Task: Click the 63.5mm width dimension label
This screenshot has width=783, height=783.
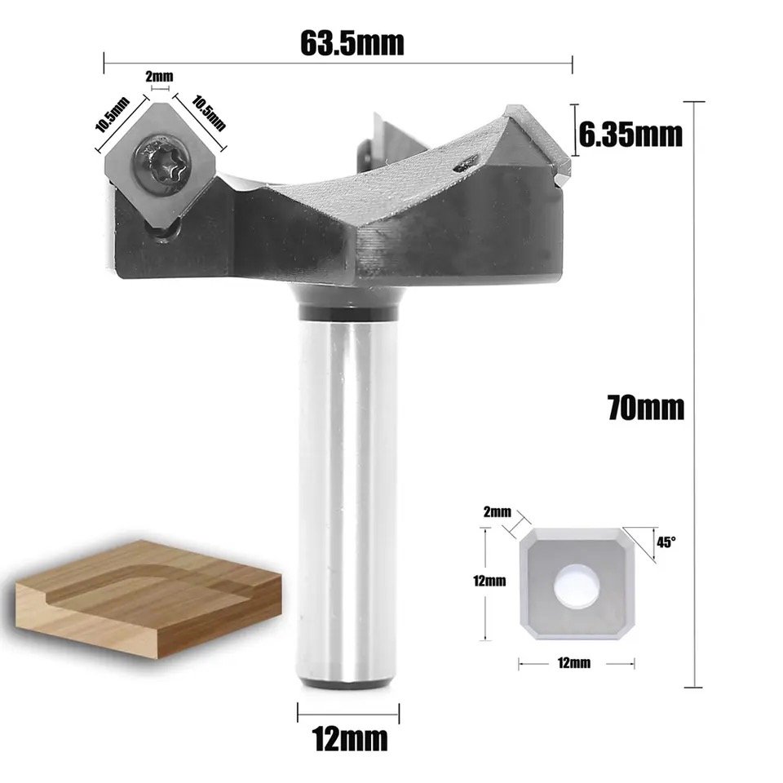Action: (352, 43)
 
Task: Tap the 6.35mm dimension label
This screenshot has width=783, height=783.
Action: (630, 135)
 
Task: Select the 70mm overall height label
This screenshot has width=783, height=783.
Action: (646, 407)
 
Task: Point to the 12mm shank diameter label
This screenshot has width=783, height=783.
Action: (349, 738)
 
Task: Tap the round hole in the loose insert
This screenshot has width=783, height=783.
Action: (577, 586)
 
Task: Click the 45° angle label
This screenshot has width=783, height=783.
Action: (666, 542)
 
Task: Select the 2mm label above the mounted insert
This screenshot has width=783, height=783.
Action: (159, 77)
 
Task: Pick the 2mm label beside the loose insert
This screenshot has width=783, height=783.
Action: (498, 511)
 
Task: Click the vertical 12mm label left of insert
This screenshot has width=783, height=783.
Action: (489, 581)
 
